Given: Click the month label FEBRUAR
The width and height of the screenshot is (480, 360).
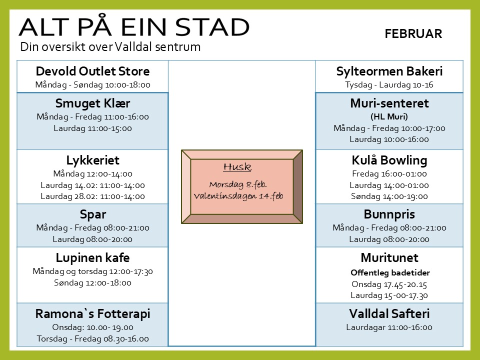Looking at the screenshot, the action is [413, 33].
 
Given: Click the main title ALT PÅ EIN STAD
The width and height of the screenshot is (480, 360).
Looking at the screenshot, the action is [134, 27].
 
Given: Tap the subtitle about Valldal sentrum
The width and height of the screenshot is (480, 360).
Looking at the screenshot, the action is [110, 47].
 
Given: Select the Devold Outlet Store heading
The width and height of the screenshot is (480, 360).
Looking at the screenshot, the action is [92, 71].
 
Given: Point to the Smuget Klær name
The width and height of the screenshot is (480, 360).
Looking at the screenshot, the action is [92, 103].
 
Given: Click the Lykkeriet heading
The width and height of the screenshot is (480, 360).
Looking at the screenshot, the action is [92, 160].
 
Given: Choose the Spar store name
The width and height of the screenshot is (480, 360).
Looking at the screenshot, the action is [93, 214].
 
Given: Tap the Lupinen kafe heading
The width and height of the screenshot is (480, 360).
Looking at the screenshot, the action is [92, 258].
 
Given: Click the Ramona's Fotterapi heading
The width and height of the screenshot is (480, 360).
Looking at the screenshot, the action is [92, 314].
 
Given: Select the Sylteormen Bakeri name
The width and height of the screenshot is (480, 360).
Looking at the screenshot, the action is [389, 71].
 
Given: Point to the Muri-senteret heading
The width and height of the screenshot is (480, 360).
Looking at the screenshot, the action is [389, 103].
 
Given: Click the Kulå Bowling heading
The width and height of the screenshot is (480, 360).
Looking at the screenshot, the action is [389, 160].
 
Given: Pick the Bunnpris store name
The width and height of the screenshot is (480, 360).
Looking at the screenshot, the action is [389, 214].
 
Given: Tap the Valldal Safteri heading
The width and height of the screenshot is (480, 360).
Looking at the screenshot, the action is [389, 314].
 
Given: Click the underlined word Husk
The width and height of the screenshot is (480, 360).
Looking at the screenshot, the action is [237, 167].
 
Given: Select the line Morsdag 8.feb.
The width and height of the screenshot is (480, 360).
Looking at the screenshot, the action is [238, 184].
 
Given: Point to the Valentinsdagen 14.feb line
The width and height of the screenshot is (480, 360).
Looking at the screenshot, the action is [238, 196].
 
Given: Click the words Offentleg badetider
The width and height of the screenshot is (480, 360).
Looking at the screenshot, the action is [390, 273].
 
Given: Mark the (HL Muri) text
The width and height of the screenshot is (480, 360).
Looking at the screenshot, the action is [389, 116].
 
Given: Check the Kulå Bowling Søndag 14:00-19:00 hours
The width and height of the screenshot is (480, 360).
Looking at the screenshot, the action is [389, 196].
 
